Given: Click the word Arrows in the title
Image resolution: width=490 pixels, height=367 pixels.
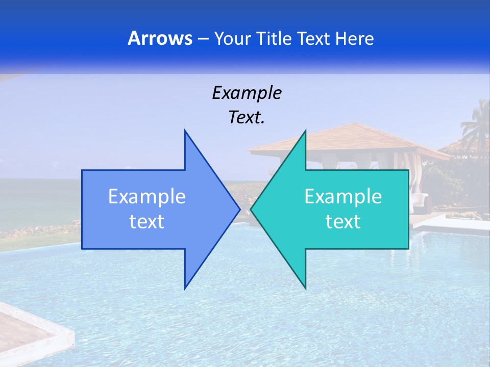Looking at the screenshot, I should [x=160, y=39].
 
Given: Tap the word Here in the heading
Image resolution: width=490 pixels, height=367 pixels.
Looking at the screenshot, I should [x=354, y=39].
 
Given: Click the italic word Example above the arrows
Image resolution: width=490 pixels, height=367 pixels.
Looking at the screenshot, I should [x=247, y=93].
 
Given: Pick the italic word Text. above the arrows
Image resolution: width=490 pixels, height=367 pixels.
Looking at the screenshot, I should [x=247, y=118].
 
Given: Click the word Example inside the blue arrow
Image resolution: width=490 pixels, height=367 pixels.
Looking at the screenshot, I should [x=147, y=197].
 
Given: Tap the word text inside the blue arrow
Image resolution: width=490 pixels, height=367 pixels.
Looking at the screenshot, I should [x=147, y=222].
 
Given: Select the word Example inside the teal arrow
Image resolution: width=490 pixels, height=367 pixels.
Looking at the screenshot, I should [x=343, y=197].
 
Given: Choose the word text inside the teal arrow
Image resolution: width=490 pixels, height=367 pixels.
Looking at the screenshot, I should [x=343, y=222].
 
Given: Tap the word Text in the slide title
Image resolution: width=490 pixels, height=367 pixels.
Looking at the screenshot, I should [x=314, y=39].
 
